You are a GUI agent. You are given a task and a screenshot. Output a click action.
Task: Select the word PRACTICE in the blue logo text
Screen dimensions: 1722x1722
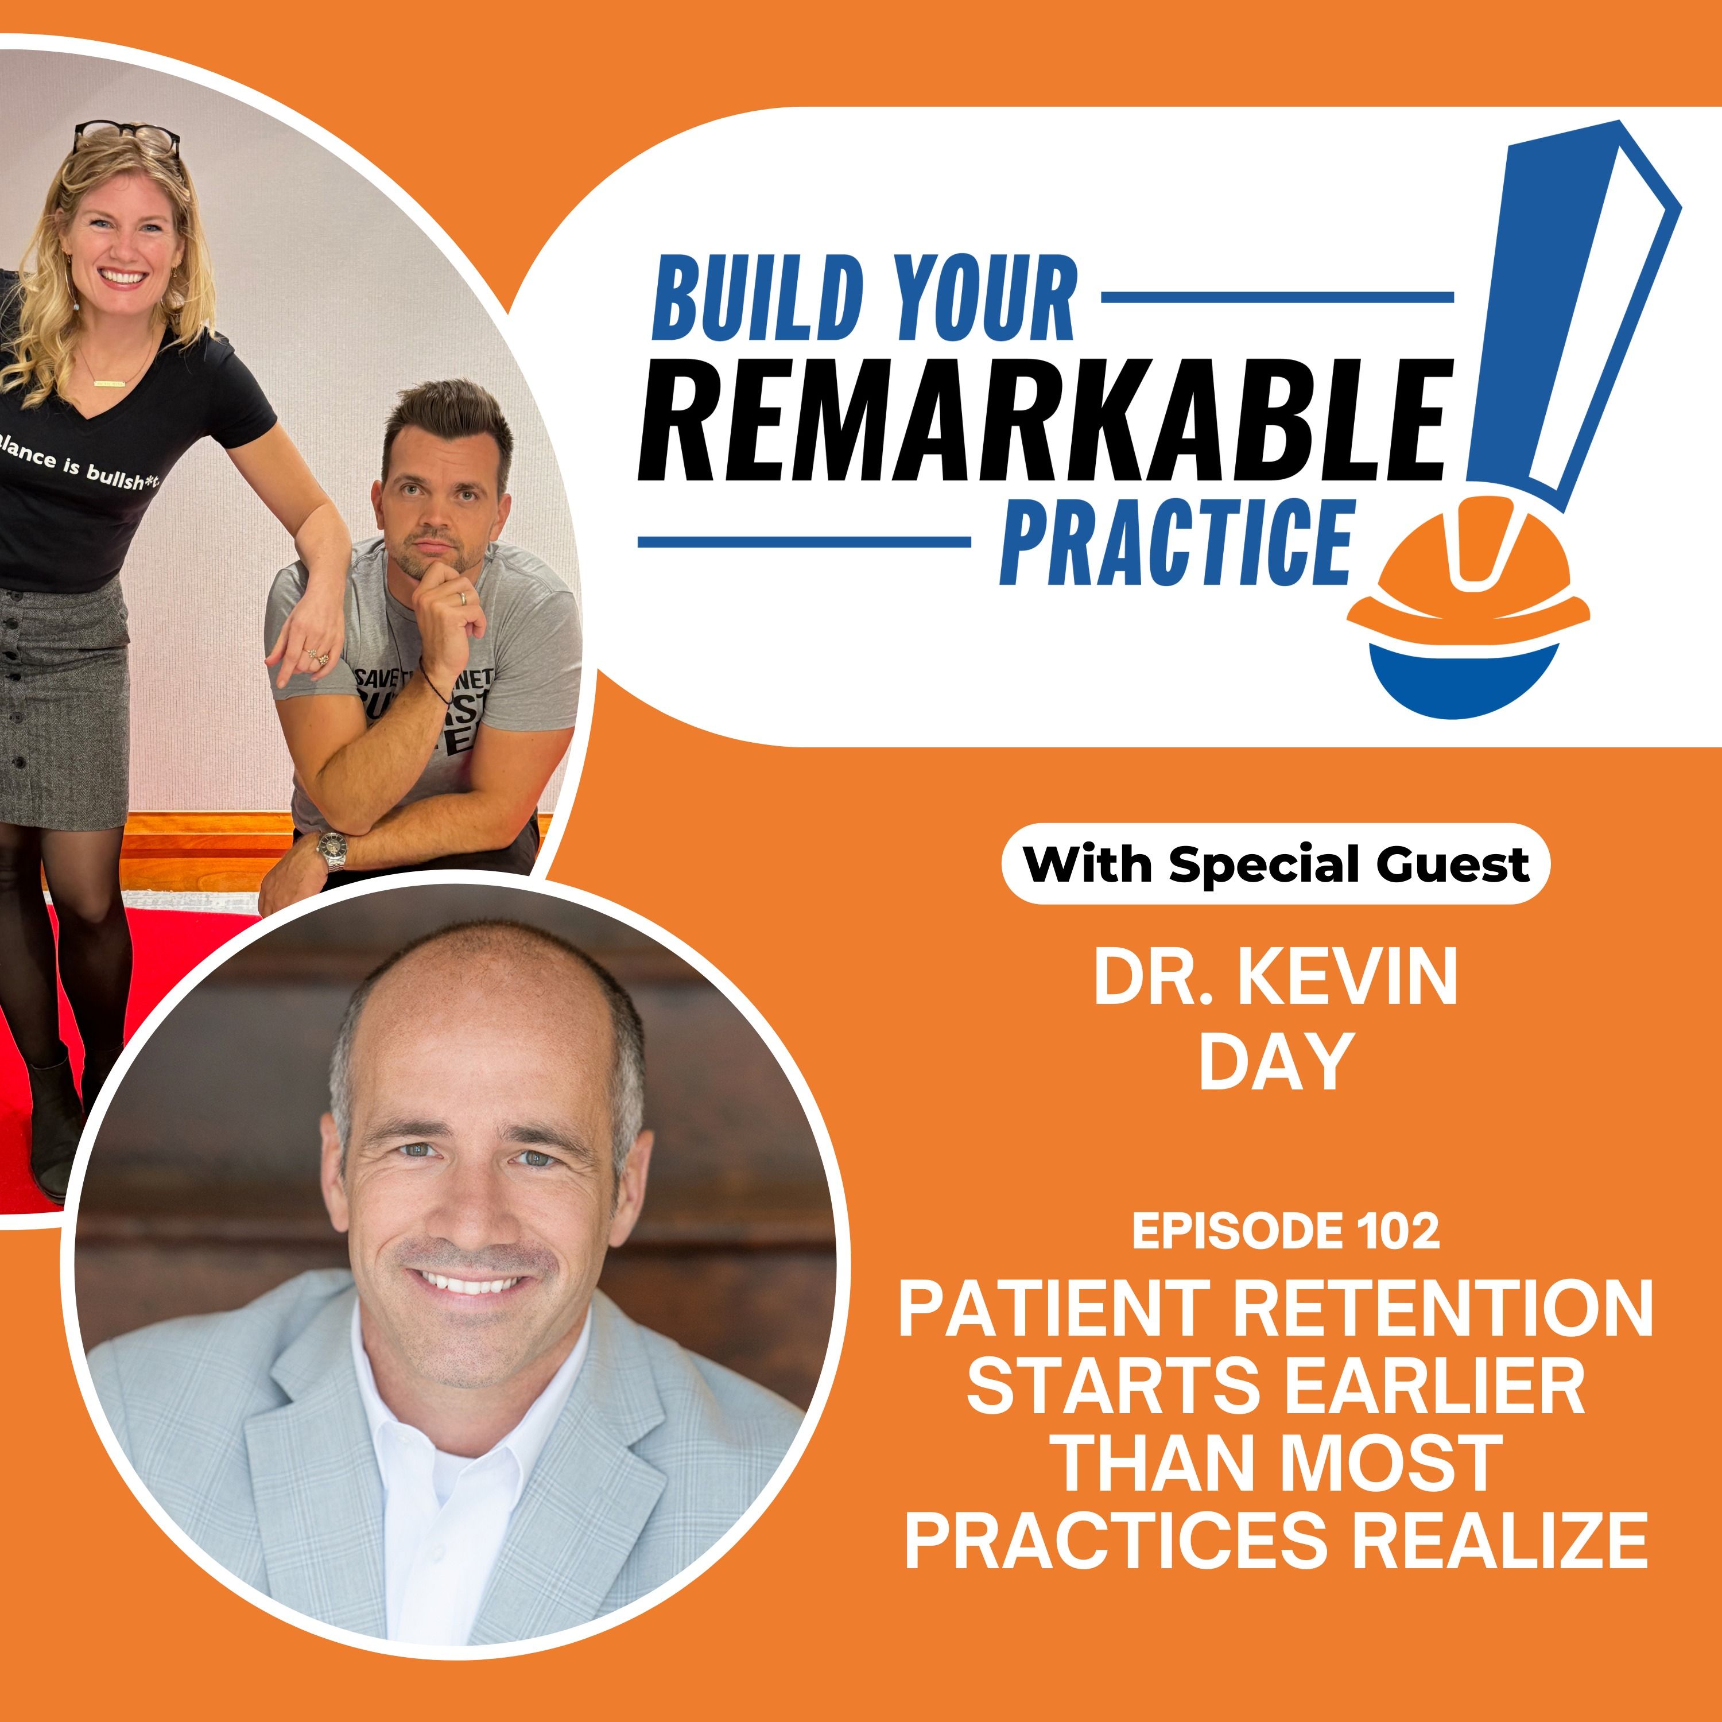pyautogui.click(x=1177, y=541)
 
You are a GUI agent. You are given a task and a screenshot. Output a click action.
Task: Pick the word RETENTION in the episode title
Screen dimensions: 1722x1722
pyautogui.click(x=1442, y=1309)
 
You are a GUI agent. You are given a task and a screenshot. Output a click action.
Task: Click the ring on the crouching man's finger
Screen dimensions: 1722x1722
pyautogui.click(x=461, y=598)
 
